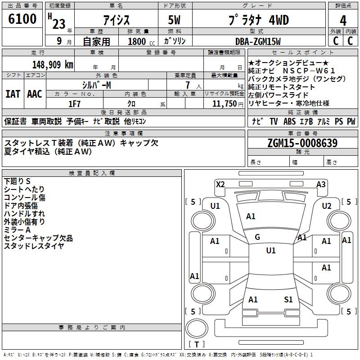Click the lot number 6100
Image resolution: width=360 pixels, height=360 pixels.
(x=22, y=19)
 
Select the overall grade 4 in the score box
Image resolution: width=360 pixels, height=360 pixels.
(x=343, y=21)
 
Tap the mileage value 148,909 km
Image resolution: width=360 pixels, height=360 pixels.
(x=53, y=65)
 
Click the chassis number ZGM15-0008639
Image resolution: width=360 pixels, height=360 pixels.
(x=302, y=143)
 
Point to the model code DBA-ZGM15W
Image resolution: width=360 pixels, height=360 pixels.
(x=258, y=41)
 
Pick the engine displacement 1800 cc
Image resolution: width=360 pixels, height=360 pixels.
(x=141, y=41)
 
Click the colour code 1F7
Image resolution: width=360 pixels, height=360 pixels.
(x=74, y=104)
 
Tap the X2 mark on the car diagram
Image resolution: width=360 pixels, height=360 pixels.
(x=220, y=184)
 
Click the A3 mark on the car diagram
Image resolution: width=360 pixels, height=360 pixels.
(x=321, y=184)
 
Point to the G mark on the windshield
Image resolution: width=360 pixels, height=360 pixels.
(x=257, y=237)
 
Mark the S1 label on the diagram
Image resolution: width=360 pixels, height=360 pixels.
(x=288, y=299)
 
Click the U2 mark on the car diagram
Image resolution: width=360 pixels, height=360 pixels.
(x=327, y=206)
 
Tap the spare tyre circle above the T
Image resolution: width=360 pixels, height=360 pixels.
(x=197, y=328)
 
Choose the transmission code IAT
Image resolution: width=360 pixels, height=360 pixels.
(x=13, y=94)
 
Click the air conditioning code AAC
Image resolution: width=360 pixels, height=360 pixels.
(x=35, y=94)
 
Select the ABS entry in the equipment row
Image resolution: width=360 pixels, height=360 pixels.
(x=289, y=121)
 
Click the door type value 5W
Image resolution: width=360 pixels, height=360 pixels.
(x=174, y=20)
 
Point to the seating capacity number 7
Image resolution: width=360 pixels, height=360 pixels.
(x=188, y=85)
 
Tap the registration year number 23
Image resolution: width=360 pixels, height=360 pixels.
(x=59, y=24)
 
